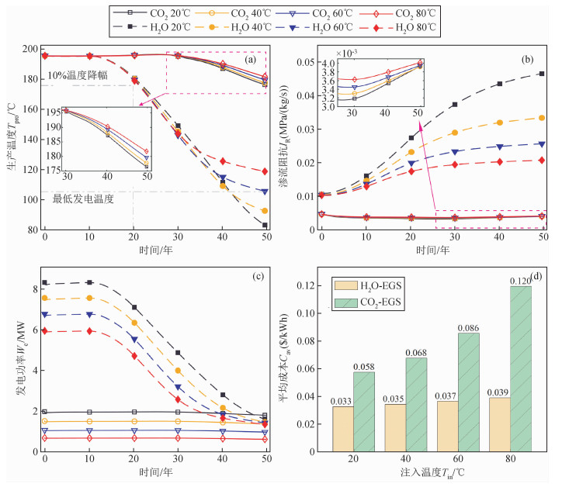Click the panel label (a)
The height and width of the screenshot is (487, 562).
click(251, 60)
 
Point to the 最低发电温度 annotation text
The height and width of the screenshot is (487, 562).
click(83, 199)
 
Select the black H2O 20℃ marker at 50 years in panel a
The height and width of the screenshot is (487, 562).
click(265, 225)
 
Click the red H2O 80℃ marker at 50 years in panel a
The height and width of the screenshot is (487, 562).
click(265, 171)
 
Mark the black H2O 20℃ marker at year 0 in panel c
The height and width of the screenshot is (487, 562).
click(44, 283)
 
